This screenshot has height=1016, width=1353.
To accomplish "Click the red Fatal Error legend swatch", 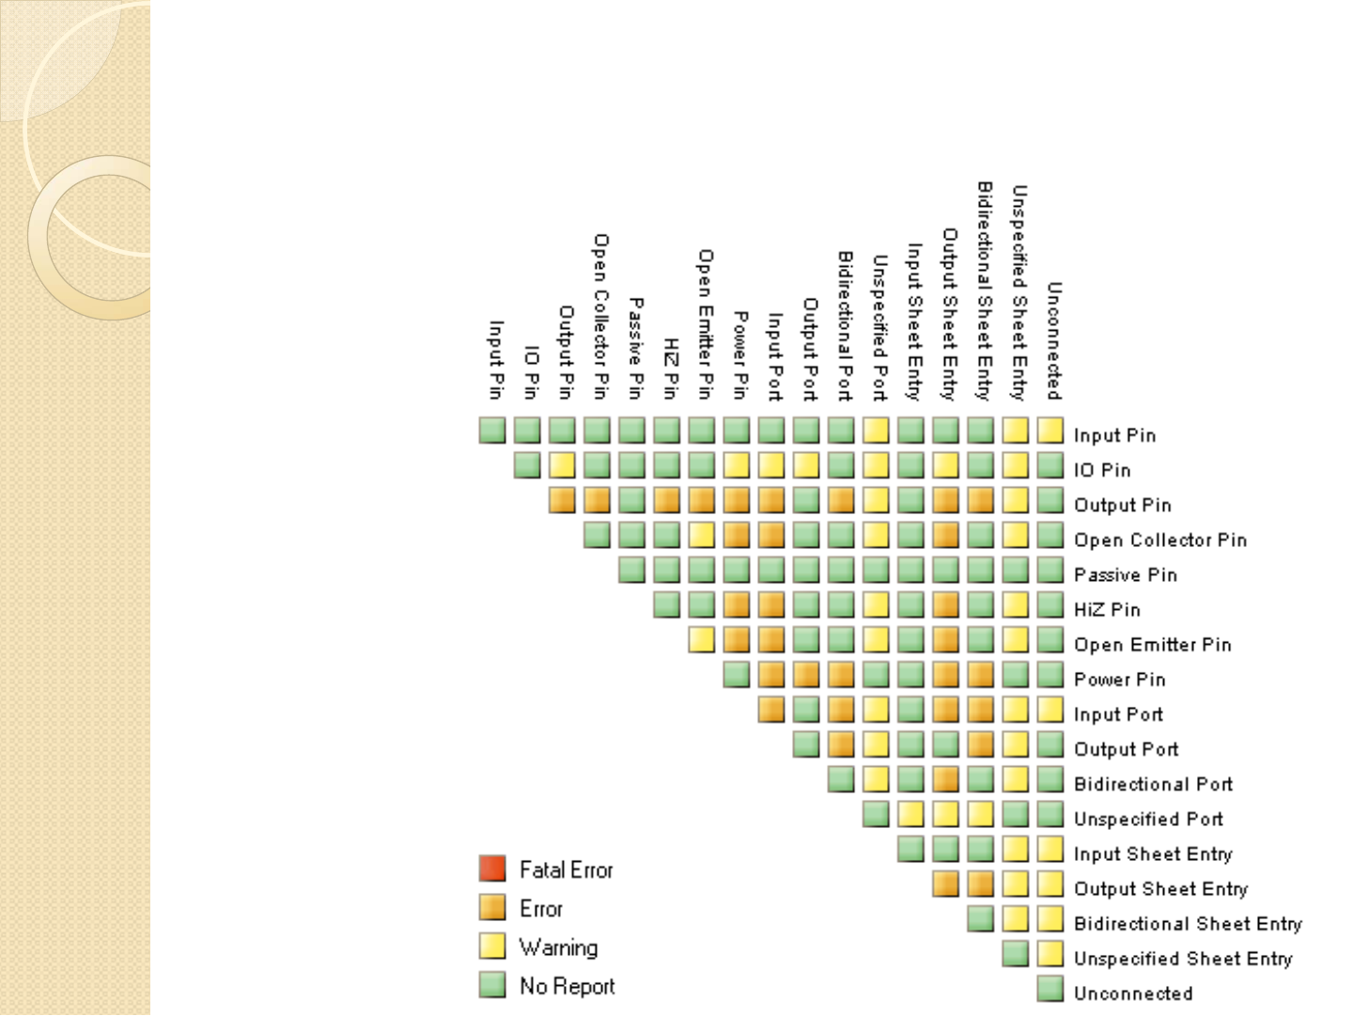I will (x=492, y=868).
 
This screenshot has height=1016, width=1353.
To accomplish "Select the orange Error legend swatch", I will (x=492, y=907).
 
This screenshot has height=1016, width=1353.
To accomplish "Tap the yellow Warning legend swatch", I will (x=492, y=946).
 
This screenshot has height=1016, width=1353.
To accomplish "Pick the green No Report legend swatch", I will (x=492, y=984).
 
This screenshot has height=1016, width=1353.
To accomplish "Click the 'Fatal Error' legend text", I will (x=566, y=870).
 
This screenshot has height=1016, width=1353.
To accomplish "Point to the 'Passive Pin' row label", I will (x=1125, y=574).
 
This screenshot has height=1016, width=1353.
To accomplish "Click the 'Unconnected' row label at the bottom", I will (x=1133, y=993).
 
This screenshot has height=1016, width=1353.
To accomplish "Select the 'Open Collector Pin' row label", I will (x=1160, y=539).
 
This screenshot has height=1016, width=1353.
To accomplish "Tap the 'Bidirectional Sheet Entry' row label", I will (x=1188, y=924).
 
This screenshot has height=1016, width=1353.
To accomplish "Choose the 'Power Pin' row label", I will (x=1119, y=680).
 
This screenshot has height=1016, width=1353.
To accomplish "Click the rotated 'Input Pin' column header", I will (x=496, y=359).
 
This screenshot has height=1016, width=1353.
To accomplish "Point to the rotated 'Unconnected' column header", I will (x=1054, y=340).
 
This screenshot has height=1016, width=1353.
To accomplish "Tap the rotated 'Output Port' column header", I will (x=810, y=349).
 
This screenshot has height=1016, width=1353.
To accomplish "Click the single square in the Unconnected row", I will (x=1050, y=989).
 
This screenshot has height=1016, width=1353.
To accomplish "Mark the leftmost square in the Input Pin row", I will (x=492, y=430).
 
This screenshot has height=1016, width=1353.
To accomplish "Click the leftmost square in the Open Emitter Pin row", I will (x=701, y=640).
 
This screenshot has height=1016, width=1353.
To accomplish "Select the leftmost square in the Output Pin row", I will (x=562, y=500).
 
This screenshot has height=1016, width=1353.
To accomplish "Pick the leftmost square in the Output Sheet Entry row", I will (x=945, y=884).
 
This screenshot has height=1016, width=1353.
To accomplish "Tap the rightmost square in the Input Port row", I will (x=1050, y=710).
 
